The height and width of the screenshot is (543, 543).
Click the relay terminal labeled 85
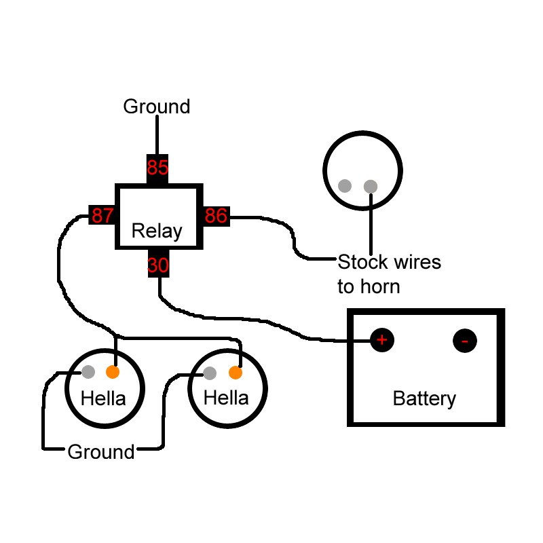coord(157,168)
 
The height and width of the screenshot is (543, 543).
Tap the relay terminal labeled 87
coord(102,216)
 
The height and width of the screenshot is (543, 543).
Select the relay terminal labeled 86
coord(216,216)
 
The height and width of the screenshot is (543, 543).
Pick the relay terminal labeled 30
coord(157,265)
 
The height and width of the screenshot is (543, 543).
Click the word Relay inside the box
coord(157,231)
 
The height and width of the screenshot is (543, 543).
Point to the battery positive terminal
coord(382,340)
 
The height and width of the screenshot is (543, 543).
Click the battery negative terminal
coord(465,340)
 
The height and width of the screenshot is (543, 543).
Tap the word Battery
coord(424,398)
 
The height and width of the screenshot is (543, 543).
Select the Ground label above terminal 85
coord(157,107)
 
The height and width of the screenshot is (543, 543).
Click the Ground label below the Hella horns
coord(101,452)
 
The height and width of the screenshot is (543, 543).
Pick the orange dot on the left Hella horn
coord(113,372)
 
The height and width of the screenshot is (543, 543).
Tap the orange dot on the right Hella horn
coord(236,373)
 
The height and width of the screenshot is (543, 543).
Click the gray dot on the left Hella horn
coord(88,372)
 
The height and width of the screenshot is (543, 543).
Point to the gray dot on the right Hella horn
coord(210,373)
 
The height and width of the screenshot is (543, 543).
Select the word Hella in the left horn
coord(103,398)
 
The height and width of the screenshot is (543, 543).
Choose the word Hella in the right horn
coord(226,398)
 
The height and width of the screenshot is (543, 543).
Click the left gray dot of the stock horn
coord(345,185)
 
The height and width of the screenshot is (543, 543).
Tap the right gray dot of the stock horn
coord(371,185)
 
